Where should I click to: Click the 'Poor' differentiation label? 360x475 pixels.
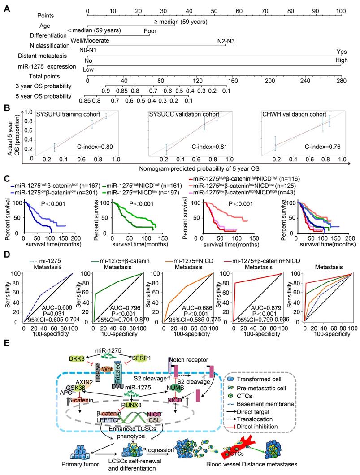pos(150,31)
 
